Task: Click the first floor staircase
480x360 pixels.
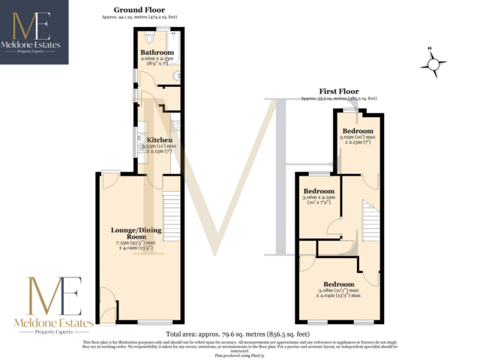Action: coord(370,220)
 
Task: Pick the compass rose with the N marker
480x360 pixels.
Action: coord(433,64)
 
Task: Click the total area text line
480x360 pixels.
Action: coord(238,333)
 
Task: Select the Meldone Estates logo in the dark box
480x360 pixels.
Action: coord(34,31)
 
